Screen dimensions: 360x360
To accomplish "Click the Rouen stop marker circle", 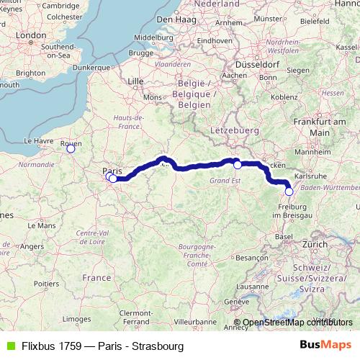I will (71, 148).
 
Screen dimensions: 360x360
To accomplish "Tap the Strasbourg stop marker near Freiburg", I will (289, 192).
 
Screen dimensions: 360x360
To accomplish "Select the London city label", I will (30, 34).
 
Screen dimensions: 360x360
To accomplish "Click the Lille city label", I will (135, 82).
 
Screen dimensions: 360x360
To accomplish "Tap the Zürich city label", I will (315, 245).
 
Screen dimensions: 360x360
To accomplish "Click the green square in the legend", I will (9, 346).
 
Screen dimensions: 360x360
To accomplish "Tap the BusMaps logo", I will (325, 346).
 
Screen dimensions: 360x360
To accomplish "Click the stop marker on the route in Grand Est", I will (238, 165).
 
